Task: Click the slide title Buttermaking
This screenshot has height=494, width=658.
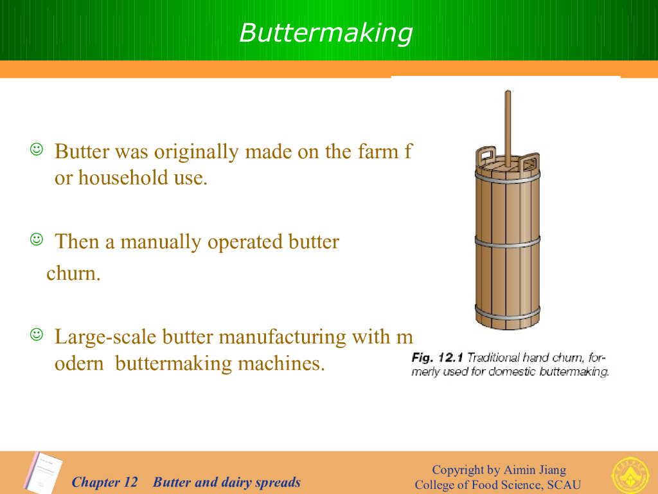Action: [326, 33]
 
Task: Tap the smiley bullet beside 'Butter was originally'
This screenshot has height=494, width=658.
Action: [37, 149]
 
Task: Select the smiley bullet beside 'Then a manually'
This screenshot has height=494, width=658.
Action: [37, 239]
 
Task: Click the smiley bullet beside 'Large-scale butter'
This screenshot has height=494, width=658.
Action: [37, 334]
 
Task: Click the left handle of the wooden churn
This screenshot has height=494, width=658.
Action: [486, 156]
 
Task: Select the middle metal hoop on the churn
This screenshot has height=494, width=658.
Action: [508, 242]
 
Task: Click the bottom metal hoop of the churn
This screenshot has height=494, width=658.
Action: [508, 313]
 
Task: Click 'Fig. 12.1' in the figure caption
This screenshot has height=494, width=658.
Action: [437, 358]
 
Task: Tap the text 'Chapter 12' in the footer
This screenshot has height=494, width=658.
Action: [105, 482]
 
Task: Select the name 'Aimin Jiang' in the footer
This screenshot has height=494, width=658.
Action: [535, 470]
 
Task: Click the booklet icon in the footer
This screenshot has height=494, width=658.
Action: [43, 473]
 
